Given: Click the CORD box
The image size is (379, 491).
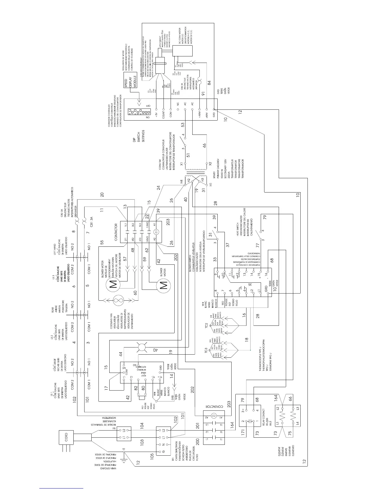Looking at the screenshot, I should [66, 438].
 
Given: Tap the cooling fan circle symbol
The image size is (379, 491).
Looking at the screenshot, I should [118, 300].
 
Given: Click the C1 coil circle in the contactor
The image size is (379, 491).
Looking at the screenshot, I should [156, 231].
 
